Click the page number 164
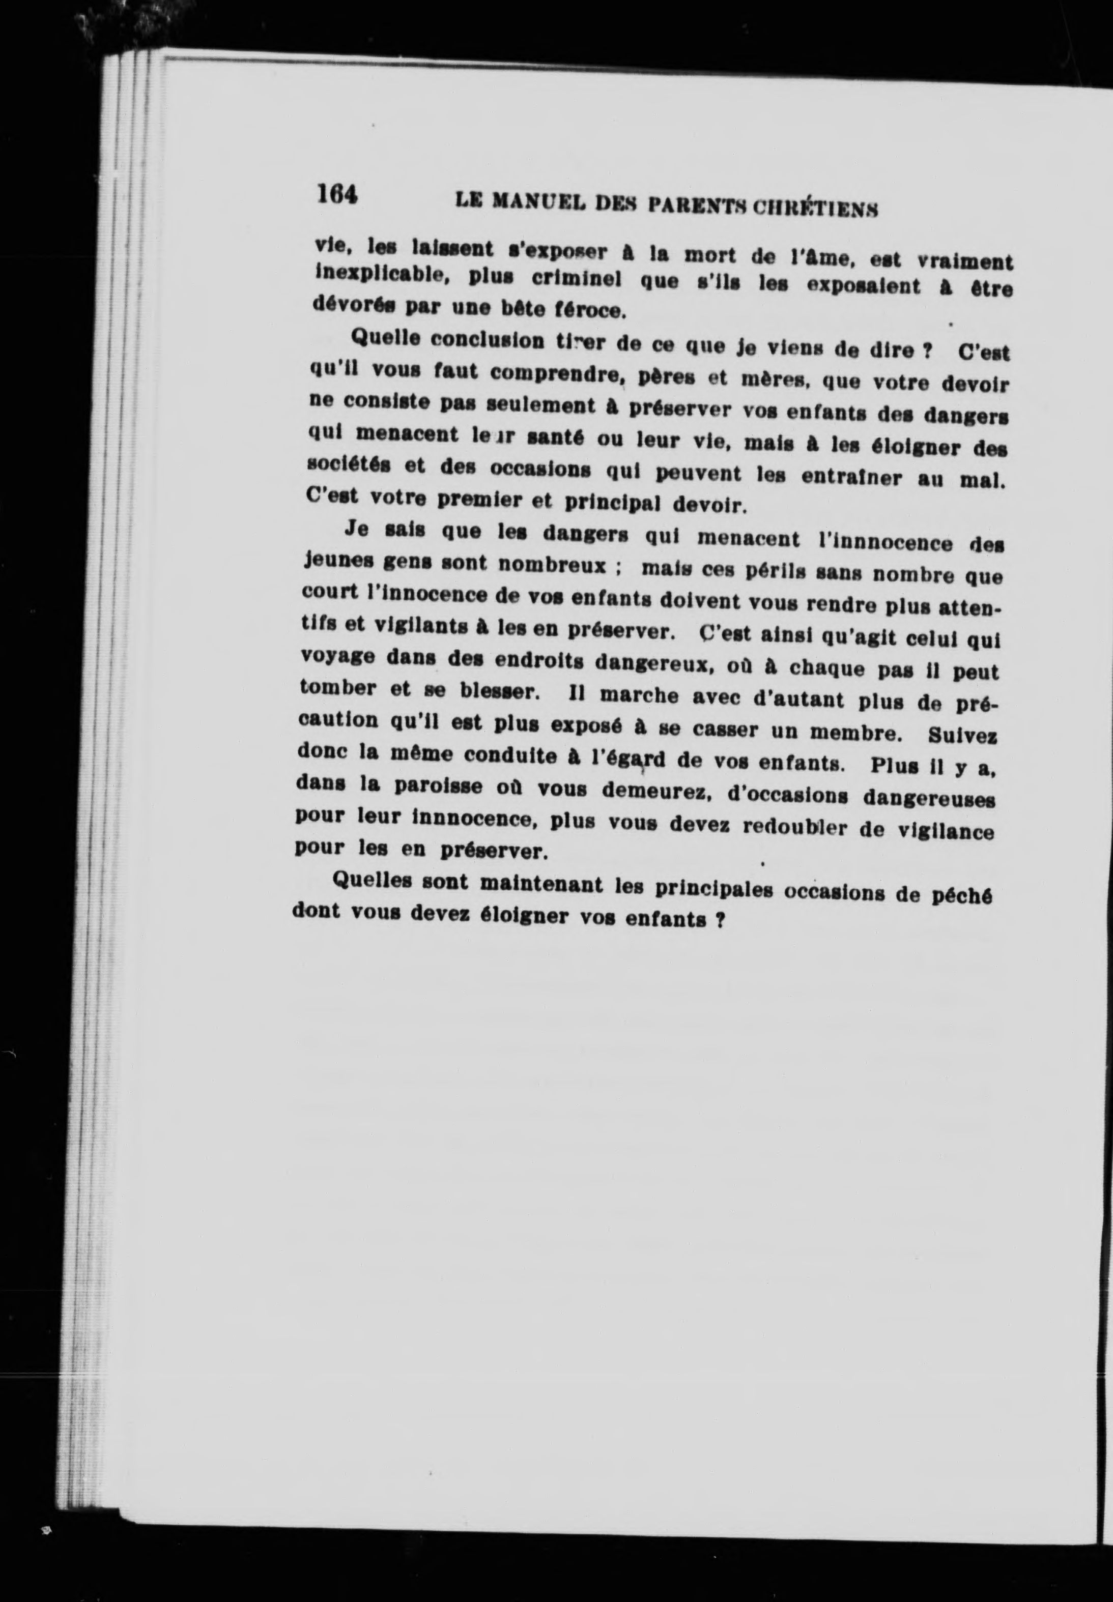[337, 193]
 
